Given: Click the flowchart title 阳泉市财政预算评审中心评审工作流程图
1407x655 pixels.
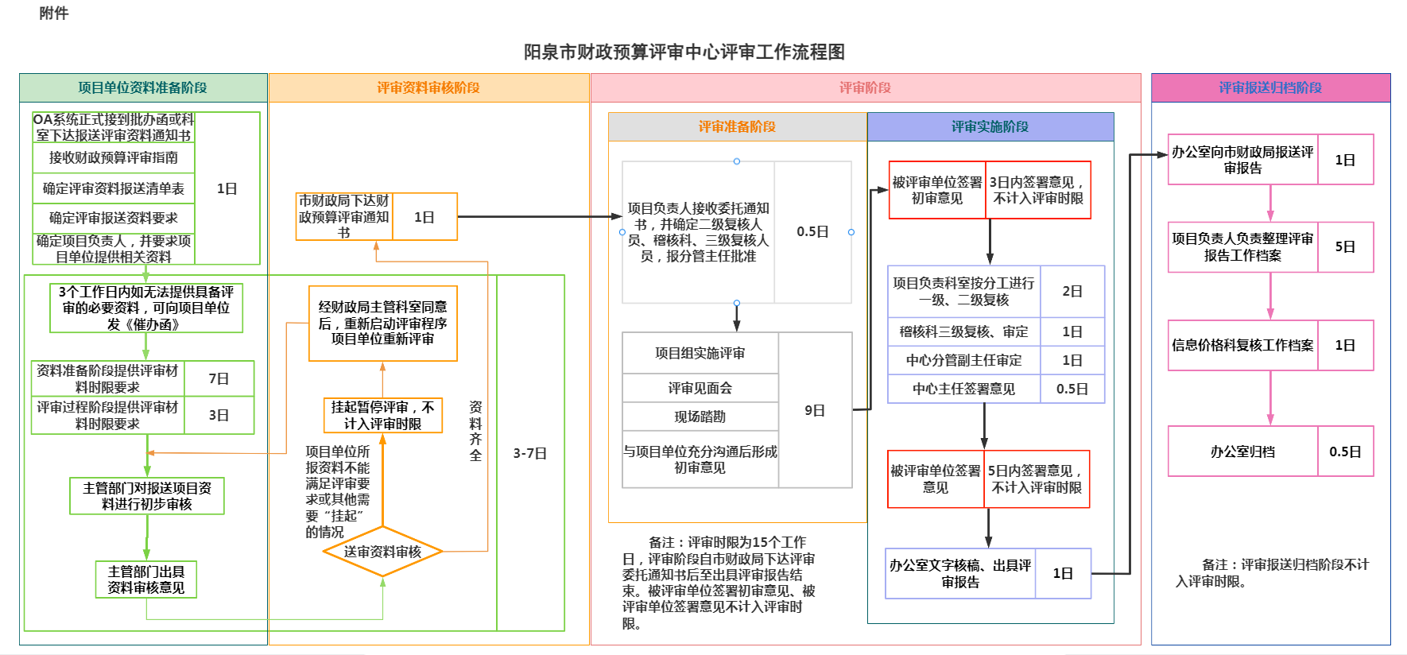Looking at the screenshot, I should tap(684, 52).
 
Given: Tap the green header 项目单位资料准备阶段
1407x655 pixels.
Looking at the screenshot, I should tap(143, 87).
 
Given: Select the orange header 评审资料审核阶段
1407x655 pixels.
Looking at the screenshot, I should tap(428, 87).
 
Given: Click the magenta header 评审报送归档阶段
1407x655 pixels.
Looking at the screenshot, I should tap(1270, 87).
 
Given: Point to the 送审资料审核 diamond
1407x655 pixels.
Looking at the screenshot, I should tap(382, 552).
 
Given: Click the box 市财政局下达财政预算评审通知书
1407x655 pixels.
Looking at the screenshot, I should tap(344, 216).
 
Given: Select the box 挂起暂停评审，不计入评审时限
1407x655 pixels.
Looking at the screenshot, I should tap(382, 415).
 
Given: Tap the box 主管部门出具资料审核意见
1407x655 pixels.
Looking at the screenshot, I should tap(146, 579).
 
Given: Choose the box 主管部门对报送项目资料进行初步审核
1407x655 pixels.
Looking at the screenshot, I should tap(147, 496).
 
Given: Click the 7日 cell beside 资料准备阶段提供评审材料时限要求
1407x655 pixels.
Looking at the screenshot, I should tap(219, 378).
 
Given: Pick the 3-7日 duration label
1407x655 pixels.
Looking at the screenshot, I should tap(529, 453).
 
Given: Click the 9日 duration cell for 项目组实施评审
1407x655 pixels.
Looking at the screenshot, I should tap(815, 410).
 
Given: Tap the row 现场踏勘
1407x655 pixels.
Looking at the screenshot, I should tap(700, 417).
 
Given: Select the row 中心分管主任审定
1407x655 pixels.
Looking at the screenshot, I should tap(963, 360).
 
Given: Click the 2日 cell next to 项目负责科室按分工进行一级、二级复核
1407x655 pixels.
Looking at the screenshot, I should tap(1072, 291).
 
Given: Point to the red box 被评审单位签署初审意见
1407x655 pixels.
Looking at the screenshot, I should tap(937, 190).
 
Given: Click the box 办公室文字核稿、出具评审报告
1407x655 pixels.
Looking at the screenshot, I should tap(960, 573).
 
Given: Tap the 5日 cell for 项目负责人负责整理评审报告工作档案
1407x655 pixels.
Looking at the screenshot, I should tap(1345, 246).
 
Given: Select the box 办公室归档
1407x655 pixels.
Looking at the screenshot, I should tap(1242, 452).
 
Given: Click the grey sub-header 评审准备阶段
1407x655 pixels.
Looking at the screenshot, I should tap(737, 126).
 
